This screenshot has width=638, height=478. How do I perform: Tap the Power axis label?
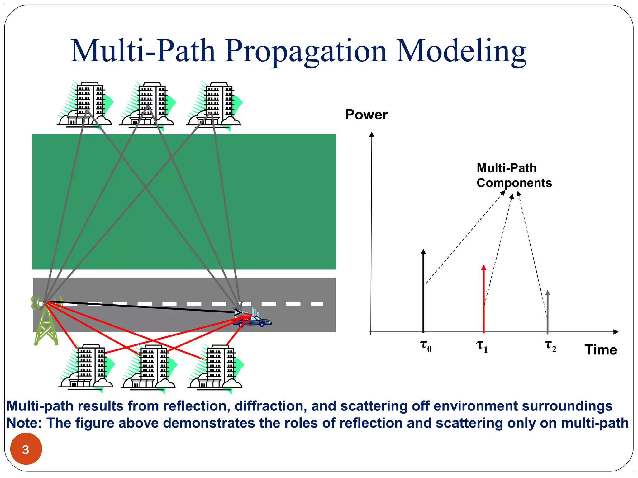pos(366,115)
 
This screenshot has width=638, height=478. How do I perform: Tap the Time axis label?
pos(601,350)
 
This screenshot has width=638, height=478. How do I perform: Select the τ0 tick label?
pos(426,346)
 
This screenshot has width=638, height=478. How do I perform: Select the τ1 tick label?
pos(482,346)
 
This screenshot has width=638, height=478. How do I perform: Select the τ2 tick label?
pos(550,346)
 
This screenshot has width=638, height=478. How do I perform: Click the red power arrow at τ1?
pos(483,299)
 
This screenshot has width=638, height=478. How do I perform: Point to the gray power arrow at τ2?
pos(548,311)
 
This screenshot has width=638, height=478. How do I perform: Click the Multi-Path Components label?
pos(514,176)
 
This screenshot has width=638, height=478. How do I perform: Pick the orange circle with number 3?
pos(26,449)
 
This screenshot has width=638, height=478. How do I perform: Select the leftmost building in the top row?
pos(86,104)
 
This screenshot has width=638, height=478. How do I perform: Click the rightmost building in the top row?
pos(215,104)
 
